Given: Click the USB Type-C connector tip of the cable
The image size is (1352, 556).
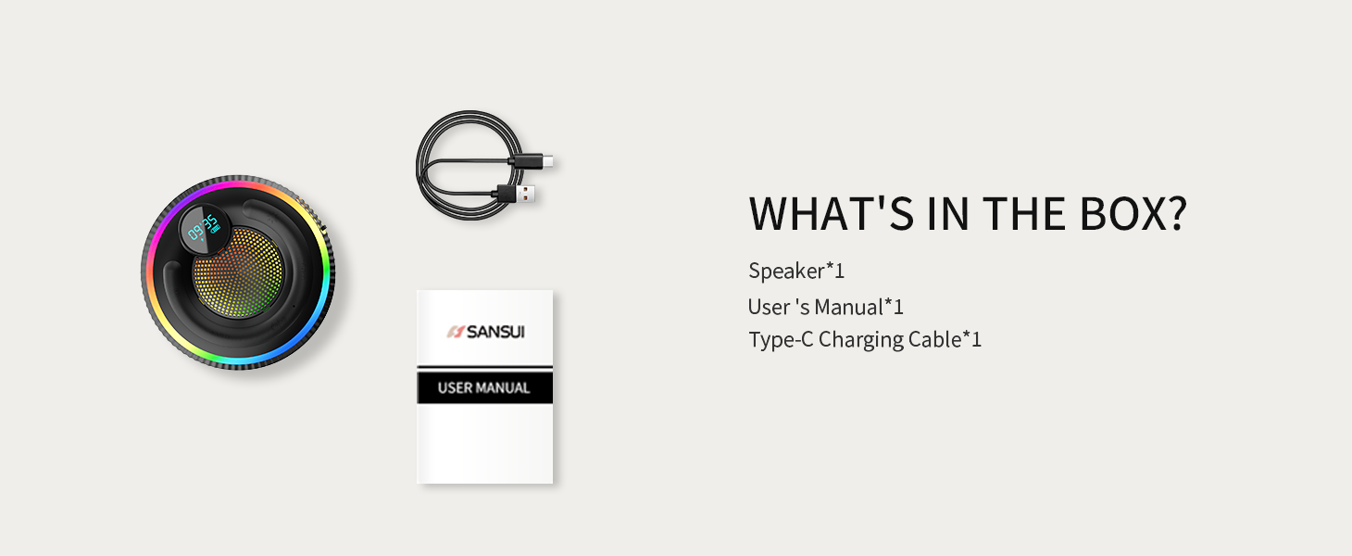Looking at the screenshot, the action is coord(547,161).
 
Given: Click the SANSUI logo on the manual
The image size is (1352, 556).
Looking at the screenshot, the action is coord(486,332).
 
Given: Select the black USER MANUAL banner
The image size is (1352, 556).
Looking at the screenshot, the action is coord(484,387).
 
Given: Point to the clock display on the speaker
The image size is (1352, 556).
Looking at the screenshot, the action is coord(204,229).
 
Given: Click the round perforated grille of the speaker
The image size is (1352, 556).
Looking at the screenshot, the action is coord(238,272).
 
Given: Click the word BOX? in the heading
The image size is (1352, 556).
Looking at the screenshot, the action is coord(1133,214).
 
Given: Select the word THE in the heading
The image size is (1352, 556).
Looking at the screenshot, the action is coord(1023,214).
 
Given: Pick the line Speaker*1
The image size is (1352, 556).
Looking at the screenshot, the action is coord(796,272).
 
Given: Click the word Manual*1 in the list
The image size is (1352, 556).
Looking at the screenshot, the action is coord(858,307).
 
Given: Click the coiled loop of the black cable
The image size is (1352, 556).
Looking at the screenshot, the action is coord(419,166).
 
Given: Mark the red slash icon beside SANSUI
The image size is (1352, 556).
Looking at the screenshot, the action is coord(455,332).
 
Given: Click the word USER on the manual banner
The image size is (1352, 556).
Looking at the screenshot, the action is coord(453,387).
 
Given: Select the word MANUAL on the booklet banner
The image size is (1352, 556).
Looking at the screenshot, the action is coord(501,387).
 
